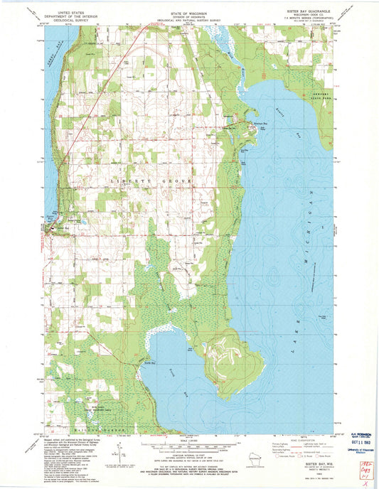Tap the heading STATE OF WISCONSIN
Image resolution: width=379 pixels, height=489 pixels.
click(189, 14)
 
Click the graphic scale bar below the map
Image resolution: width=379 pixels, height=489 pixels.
click(189, 450)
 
